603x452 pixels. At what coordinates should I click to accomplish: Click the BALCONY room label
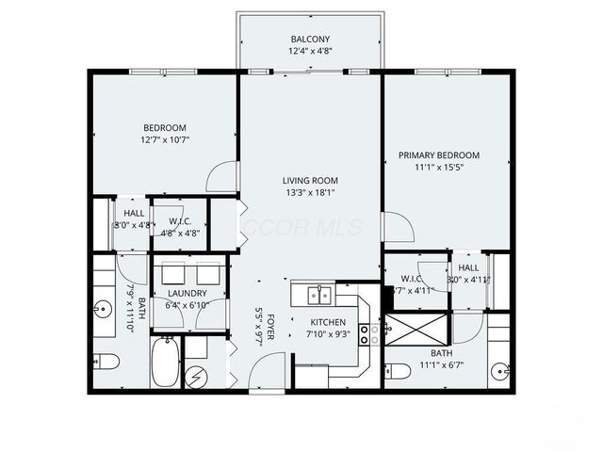pyautogui.click(x=310, y=39)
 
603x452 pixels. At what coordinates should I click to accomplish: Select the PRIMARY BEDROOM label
pyautogui.click(x=438, y=155)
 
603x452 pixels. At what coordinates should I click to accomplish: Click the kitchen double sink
pyautogui.click(x=319, y=296)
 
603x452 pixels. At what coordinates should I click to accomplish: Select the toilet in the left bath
pyautogui.click(x=106, y=361)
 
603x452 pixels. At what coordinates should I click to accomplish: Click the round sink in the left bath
pyautogui.click(x=101, y=308)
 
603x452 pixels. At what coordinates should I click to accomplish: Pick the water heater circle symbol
pyautogui.click(x=197, y=377)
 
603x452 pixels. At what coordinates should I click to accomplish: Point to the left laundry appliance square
pyautogui.click(x=172, y=273)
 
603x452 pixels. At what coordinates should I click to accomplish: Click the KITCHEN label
pyautogui.click(x=329, y=322)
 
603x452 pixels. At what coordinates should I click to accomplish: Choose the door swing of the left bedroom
pyautogui.click(x=223, y=176)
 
